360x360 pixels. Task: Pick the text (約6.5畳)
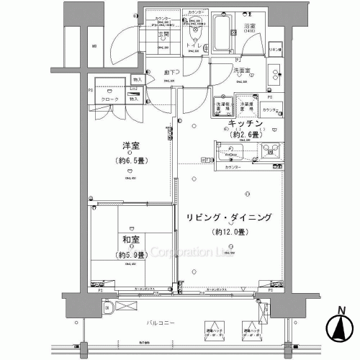point(130,162)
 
